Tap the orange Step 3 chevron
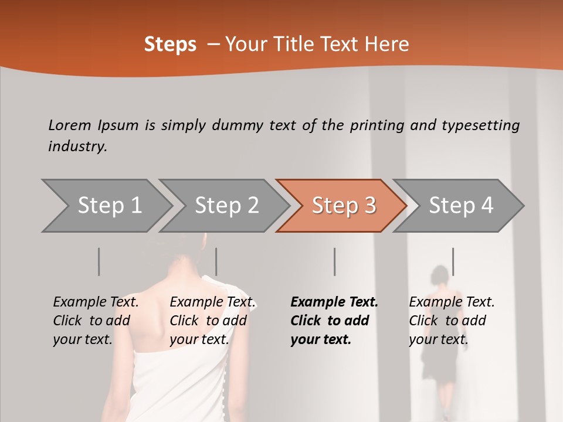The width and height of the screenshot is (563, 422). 343,206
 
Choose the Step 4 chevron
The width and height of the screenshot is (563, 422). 460,206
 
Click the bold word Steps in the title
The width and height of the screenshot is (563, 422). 170,45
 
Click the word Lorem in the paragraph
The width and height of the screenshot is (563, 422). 70,125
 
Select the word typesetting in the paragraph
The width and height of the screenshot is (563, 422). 480,125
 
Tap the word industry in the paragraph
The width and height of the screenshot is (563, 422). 77,146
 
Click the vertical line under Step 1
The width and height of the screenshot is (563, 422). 99,261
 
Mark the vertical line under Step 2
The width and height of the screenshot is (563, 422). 216,261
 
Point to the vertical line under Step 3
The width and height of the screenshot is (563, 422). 334,261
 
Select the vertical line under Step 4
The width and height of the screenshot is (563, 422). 453,261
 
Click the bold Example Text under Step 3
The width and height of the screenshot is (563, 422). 334,302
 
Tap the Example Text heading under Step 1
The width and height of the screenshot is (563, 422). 96,302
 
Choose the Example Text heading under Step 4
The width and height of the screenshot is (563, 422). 452,302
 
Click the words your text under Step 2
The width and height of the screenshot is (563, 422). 199,339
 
